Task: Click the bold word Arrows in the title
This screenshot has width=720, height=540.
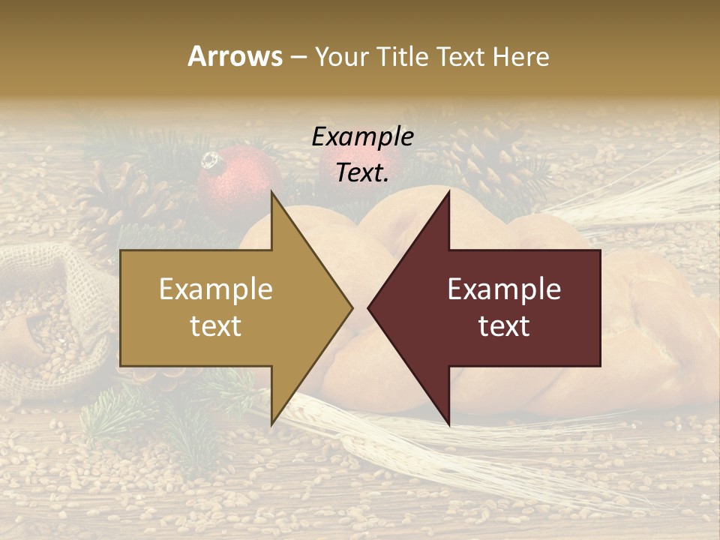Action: click(x=235, y=56)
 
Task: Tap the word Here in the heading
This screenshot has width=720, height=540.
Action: click(x=520, y=56)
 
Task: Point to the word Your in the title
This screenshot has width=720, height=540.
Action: click(x=342, y=56)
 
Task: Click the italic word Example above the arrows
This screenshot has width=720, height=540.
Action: click(x=363, y=136)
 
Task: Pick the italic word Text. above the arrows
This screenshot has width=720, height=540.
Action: click(x=363, y=172)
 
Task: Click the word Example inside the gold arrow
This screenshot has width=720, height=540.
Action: click(x=216, y=289)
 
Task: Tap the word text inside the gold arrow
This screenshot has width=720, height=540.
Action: click(x=216, y=326)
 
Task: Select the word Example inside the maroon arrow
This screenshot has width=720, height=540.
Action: click(x=504, y=289)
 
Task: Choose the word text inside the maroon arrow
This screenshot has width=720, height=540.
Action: click(x=504, y=326)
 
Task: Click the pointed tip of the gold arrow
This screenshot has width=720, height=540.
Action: click(x=352, y=307)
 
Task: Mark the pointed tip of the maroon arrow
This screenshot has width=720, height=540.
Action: click(x=368, y=307)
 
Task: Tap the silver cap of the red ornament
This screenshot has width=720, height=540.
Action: click(x=211, y=160)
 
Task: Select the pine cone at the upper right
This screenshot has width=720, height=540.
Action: click(x=484, y=154)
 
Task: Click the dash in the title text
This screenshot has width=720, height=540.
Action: click(x=298, y=57)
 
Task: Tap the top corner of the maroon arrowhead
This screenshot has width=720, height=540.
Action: click(x=449, y=191)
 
